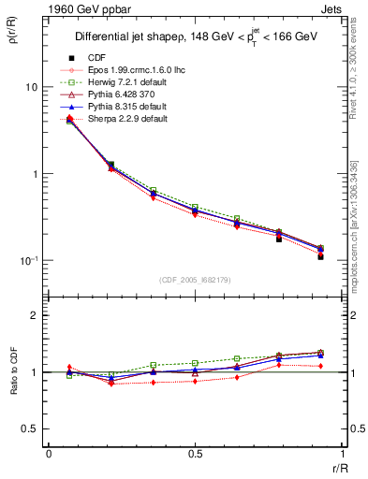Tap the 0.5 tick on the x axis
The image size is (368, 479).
195,454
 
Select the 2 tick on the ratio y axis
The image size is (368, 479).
33,315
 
